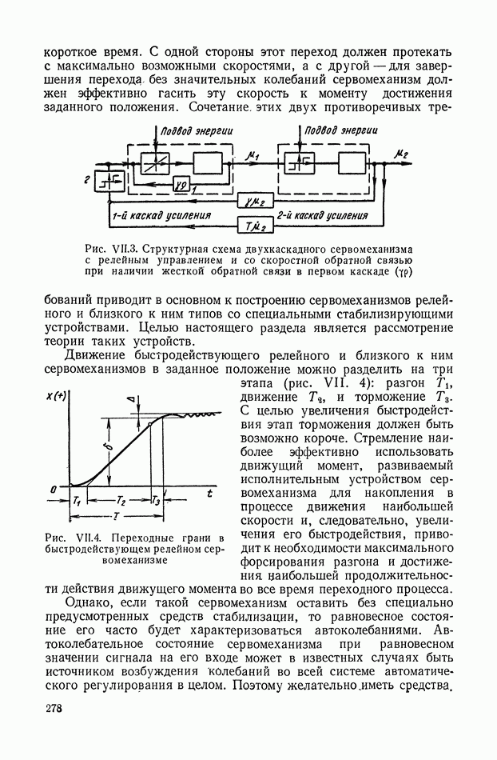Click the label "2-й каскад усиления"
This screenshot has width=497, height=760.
pyautogui.click(x=322, y=215)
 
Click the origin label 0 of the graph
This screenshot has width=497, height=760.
pyautogui.click(x=53, y=488)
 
